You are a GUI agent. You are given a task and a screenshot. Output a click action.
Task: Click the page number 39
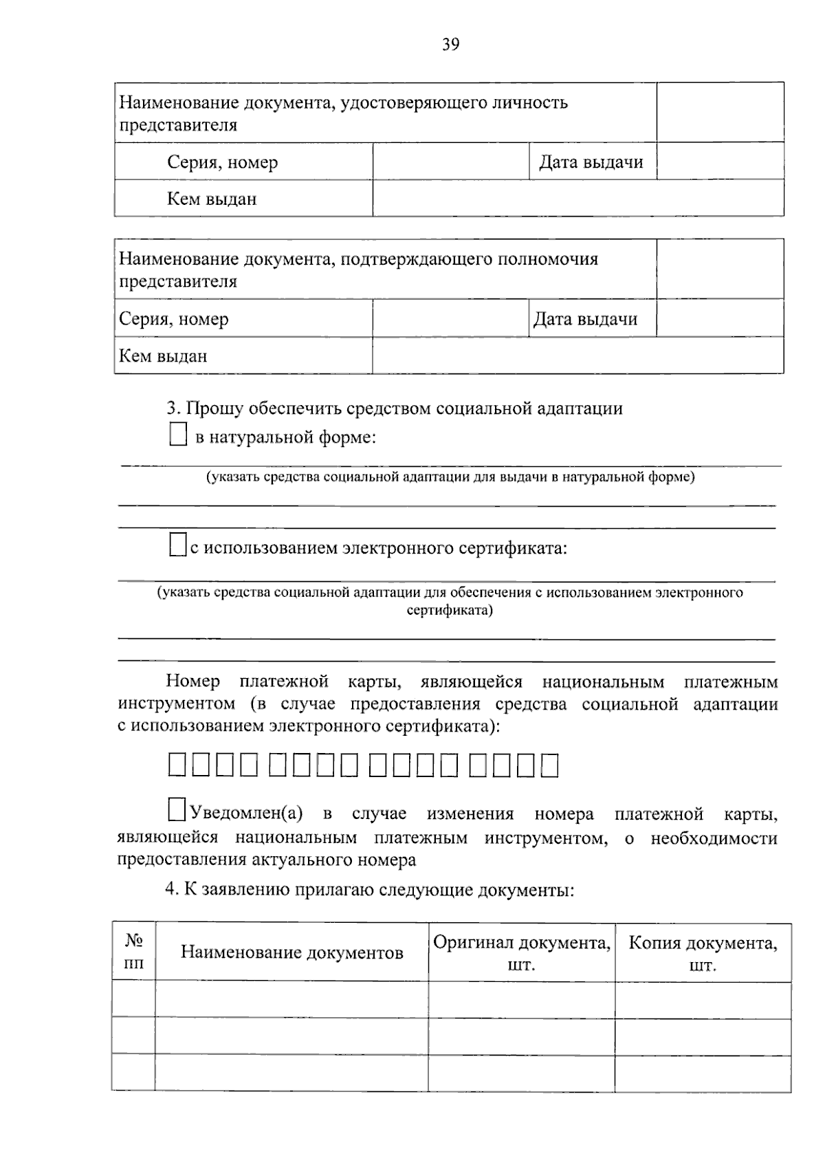click(x=450, y=45)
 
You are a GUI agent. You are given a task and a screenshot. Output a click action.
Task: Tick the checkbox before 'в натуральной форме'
click(x=178, y=435)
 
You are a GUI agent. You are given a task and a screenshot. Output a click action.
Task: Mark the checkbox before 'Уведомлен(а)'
click(x=177, y=809)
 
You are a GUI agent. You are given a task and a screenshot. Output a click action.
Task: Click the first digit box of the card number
click(x=177, y=765)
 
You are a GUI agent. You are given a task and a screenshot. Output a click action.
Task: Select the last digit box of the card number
click(x=549, y=765)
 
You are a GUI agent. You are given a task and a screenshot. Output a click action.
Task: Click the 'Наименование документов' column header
click(x=291, y=952)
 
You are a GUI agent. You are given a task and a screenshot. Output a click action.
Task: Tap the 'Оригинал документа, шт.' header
click(x=521, y=953)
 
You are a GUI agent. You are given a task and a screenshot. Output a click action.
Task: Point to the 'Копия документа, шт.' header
click(x=703, y=953)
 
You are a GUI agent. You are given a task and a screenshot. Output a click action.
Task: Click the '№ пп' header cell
click(x=133, y=952)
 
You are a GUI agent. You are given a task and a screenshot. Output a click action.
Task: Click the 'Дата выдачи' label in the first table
click(x=591, y=162)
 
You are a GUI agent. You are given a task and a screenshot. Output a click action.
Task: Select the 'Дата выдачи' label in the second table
click(x=586, y=319)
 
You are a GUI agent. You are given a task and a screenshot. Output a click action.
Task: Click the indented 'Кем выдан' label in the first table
click(x=212, y=199)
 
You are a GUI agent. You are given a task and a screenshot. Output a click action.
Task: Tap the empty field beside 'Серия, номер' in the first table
click(x=450, y=162)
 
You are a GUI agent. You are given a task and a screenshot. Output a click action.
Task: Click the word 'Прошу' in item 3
click(x=214, y=408)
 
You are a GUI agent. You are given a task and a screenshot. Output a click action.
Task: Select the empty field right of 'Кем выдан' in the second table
click(x=577, y=356)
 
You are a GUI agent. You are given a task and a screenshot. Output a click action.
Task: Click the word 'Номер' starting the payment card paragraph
click(x=192, y=682)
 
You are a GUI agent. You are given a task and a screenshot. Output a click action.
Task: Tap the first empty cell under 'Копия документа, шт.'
click(x=703, y=1000)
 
